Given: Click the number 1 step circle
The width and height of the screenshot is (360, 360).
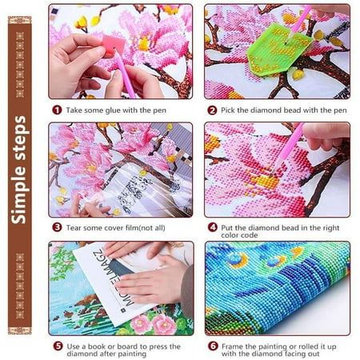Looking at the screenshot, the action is tap(57, 110).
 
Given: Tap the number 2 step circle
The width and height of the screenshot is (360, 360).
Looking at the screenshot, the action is tap(212, 110).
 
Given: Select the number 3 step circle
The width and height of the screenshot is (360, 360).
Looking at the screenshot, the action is tap(57, 227).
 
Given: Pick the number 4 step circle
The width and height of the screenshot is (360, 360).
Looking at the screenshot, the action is tap(213, 227).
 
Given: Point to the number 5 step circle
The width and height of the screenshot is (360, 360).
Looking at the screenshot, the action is tap(58, 346).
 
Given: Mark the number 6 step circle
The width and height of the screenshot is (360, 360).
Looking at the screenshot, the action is tap(213, 346).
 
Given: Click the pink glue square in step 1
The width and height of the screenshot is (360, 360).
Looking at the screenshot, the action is tap(114, 46).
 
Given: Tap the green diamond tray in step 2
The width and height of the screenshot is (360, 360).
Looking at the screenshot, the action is tap(278, 50).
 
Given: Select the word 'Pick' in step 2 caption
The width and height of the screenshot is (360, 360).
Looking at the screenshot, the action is tap(228, 110).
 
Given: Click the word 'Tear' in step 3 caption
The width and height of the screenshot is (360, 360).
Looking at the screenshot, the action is tap(74, 228).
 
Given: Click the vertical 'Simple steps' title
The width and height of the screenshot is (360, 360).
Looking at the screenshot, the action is tap(19, 170).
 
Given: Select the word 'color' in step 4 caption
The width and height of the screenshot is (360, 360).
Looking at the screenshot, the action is tap(230, 235).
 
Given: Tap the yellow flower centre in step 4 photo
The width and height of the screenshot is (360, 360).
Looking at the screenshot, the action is tap(264, 181).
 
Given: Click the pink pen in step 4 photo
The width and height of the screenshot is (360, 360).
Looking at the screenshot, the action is tap(287, 150).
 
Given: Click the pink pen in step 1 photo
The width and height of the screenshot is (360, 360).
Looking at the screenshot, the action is tap(124, 73).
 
